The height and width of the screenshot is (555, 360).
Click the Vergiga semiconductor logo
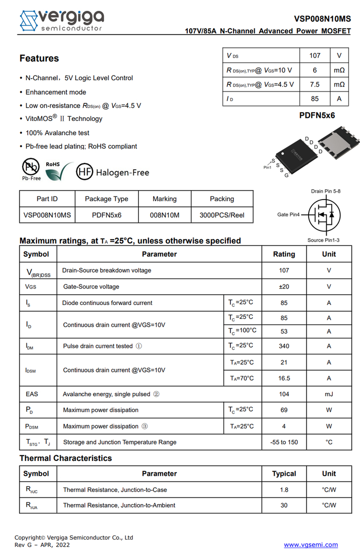click(61, 21)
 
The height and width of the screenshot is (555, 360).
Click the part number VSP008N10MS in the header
click(322, 19)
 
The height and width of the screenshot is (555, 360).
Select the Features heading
click(39, 58)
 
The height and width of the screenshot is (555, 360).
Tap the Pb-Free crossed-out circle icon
click(31, 167)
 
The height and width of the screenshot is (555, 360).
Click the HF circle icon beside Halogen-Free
click(84, 172)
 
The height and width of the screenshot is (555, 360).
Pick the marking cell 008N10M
click(165, 214)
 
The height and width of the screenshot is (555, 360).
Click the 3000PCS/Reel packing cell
click(222, 214)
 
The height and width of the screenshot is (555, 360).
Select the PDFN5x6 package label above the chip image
click(317, 115)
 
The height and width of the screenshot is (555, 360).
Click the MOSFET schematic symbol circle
click(324, 215)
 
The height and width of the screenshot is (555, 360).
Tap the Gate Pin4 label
click(289, 214)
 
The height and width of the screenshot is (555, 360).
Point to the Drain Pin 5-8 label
click(326, 191)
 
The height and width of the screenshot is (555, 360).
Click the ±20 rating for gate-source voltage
click(284, 287)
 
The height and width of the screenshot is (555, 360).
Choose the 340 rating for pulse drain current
click(284, 346)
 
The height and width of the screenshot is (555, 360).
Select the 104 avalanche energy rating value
click(284, 394)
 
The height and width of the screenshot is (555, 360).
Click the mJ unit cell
click(329, 394)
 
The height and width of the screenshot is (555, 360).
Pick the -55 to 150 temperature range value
click(284, 442)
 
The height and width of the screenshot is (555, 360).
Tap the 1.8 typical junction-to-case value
click(284, 490)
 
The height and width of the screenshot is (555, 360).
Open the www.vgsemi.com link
click(311, 545)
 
